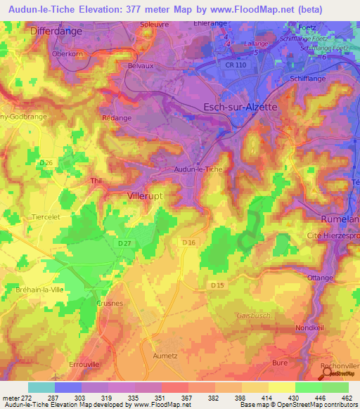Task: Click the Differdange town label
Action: click(56, 32)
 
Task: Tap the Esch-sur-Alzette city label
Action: click(240, 107)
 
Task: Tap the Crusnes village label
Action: click(109, 303)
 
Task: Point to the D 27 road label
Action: click(124, 242)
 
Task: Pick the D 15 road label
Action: click(217, 285)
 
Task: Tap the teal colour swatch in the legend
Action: click(41, 387)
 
